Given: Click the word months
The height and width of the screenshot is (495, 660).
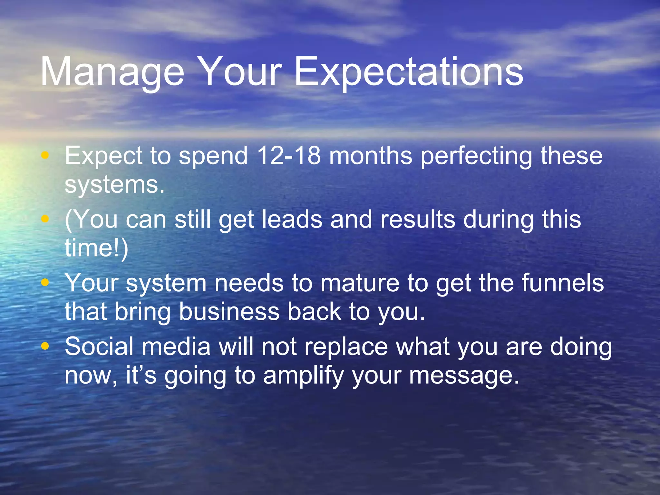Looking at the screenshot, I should point(371,156).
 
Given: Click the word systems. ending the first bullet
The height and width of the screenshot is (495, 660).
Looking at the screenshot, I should point(114,185).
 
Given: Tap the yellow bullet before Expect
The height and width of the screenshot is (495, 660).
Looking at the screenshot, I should point(45,156).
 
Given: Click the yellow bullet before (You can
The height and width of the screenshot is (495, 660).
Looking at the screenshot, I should point(45,219).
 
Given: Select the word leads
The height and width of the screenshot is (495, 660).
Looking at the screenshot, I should point(292,219).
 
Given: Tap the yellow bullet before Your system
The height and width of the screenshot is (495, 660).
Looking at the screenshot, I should point(45,283).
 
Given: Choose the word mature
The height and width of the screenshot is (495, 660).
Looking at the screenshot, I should point(360,283).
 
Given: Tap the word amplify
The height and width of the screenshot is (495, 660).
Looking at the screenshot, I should point(303,376).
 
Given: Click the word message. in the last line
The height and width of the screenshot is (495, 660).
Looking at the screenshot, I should point(464,376).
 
